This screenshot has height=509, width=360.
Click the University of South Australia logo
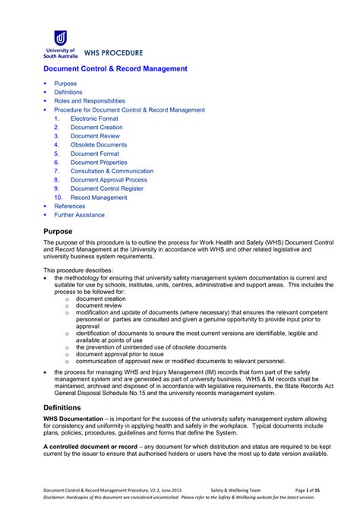[59, 43]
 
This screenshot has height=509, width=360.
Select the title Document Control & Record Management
[115, 68]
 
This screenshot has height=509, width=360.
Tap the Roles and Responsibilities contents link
[90, 101]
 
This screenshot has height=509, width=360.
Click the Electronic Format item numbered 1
[95, 119]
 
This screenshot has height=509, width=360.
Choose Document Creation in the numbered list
[96, 128]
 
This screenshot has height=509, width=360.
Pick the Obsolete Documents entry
[99, 144]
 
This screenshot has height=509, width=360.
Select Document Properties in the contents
[99, 162]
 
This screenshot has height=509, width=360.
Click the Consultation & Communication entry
[112, 171]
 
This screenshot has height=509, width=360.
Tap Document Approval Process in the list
[109, 180]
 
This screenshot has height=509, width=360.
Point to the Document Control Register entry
[107, 188]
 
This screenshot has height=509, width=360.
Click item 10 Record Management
[99, 198]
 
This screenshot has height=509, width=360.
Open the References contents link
[70, 206]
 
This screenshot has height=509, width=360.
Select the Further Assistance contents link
[79, 215]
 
